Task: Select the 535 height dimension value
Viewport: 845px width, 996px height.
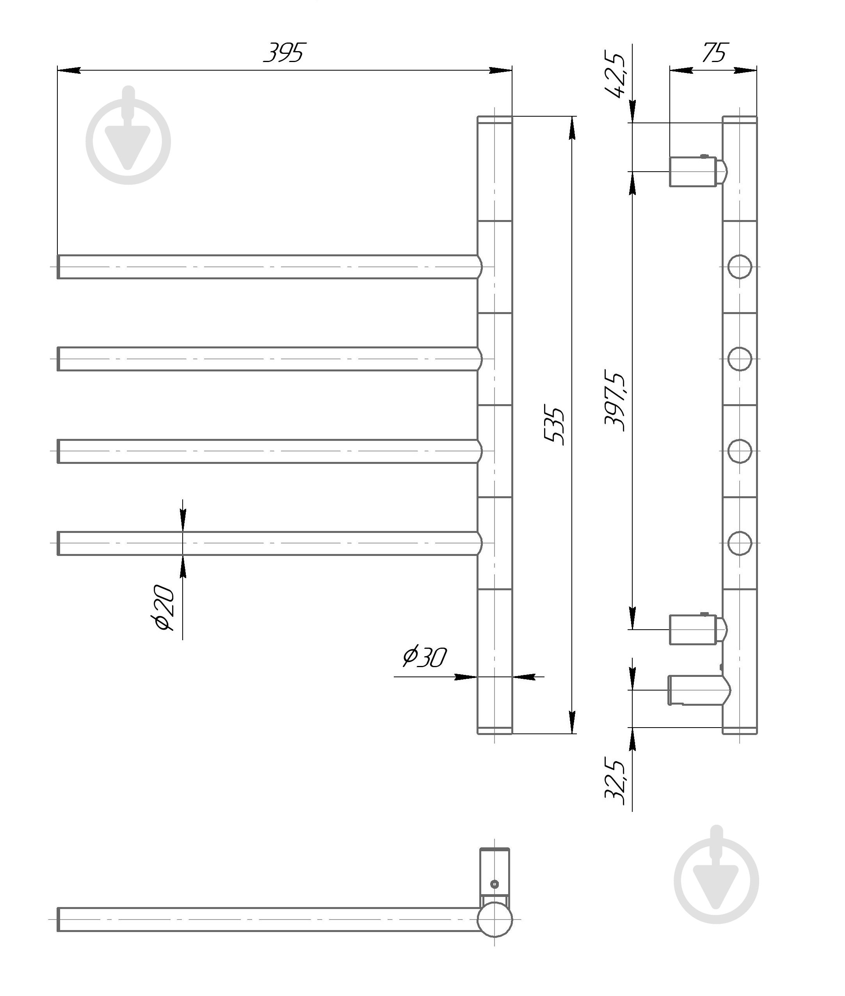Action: [x=554, y=426]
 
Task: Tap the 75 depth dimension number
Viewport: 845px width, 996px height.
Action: [x=714, y=53]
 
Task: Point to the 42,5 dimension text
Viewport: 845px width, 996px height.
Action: [x=616, y=74]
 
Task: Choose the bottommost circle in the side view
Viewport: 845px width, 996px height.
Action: [x=740, y=543]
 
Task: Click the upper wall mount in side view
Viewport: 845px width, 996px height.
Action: [x=697, y=171]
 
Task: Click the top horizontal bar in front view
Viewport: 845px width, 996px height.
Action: [x=268, y=267]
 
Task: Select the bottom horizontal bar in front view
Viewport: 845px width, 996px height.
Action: [x=268, y=543]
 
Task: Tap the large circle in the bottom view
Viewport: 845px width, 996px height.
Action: [x=495, y=920]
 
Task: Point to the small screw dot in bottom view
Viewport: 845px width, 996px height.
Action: [x=495, y=884]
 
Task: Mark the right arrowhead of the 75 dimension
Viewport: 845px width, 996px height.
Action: [x=746, y=70]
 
